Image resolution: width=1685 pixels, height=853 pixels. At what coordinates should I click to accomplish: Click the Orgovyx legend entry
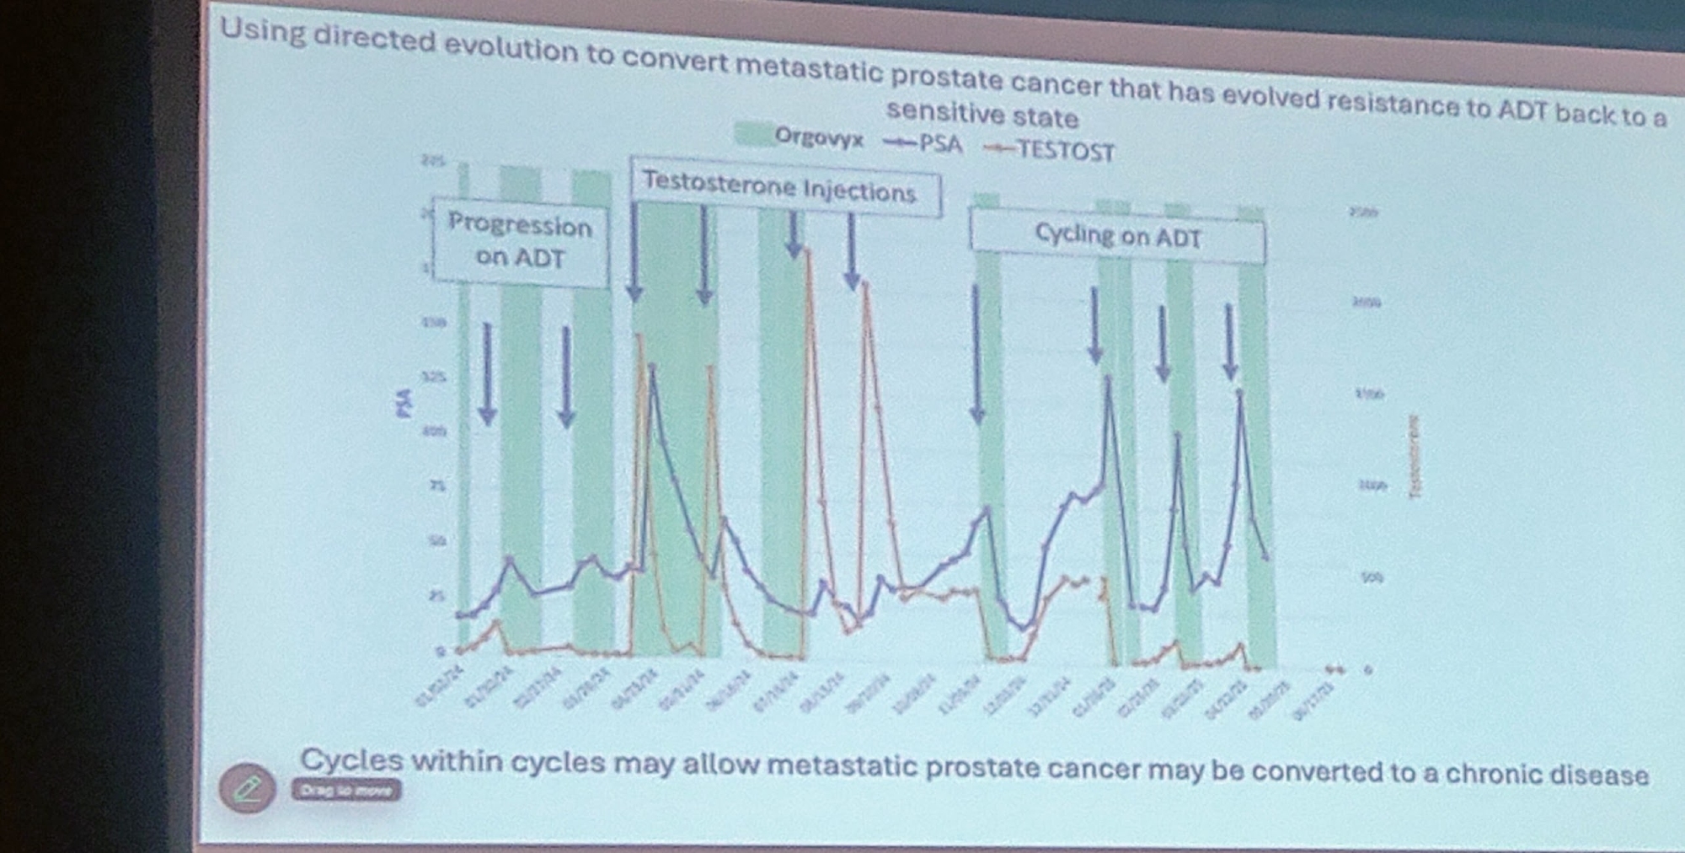coord(800,137)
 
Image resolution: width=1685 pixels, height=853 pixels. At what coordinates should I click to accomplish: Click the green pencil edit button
coord(247,788)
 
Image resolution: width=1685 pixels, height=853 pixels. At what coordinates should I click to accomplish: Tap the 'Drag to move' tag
coord(346,791)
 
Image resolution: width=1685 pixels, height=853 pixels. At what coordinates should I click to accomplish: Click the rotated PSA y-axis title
coord(405,403)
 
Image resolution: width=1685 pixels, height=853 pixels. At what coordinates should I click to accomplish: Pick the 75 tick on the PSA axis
coord(437,486)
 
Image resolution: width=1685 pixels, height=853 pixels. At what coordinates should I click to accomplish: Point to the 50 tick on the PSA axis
coord(437,540)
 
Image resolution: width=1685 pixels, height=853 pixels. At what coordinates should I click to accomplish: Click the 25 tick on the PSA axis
coord(436,596)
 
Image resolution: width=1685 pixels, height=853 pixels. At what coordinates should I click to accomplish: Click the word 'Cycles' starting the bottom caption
coord(351,759)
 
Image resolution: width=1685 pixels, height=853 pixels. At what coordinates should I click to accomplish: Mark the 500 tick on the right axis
coord(1372,578)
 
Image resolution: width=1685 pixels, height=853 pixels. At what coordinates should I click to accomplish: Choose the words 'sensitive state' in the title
coord(982,114)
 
